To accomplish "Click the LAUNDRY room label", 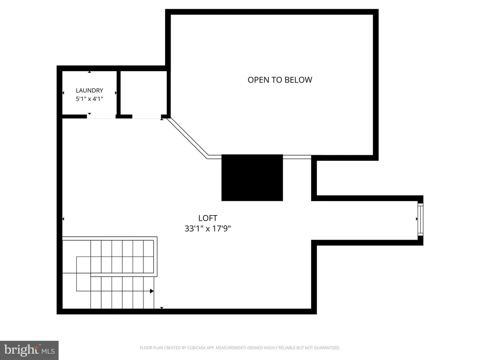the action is pos(90,90).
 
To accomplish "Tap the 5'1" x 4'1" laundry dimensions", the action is pos(90,99).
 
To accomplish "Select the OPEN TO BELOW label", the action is pos(280,80).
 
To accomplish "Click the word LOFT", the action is pos(208,218).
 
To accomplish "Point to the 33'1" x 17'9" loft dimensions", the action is pos(208,229).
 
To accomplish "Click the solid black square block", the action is pos(252,178).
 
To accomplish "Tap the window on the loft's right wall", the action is pos(420,219).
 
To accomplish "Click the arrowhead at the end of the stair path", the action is pos(152,291).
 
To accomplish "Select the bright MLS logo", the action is pos(30,350).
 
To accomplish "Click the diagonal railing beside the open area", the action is pos(187,137).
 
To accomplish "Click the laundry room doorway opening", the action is pos(101,117).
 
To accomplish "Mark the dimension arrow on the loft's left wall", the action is pos(63,219).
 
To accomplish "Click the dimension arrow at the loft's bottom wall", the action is pos(162,308).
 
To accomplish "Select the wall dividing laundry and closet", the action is pos(119,93).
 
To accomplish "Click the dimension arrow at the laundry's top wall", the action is pos(90,72).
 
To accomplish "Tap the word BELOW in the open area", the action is pos(298,80).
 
